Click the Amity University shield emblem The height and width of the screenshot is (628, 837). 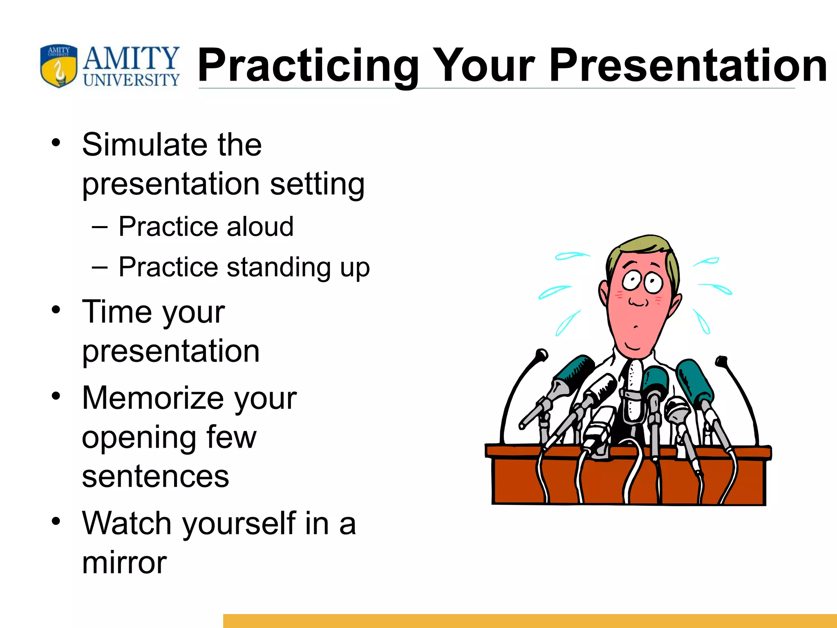[x=58, y=66]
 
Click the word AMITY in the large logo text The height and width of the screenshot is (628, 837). [x=131, y=59]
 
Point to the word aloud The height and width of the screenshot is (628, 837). [x=260, y=227]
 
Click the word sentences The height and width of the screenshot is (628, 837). [x=155, y=477]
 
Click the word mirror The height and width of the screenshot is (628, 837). [x=124, y=563]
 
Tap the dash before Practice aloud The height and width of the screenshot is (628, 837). [x=100, y=227]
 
